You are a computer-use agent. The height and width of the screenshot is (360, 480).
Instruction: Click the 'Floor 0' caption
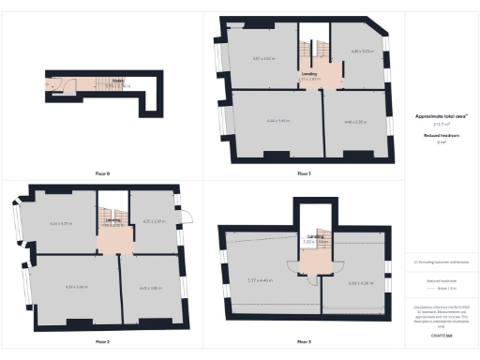tap(103, 173)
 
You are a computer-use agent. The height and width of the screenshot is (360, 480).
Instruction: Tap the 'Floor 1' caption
tap(304, 173)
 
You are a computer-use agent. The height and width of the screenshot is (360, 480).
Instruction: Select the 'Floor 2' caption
tap(103, 341)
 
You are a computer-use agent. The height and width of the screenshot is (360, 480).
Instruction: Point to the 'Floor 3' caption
tap(304, 341)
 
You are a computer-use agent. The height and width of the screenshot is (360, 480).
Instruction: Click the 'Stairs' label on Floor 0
tap(118, 81)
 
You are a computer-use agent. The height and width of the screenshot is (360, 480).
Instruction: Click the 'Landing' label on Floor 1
tap(307, 74)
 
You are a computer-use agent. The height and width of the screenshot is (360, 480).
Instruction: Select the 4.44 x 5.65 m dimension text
tap(276, 121)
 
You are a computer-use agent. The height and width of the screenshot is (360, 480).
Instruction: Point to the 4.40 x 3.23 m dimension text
tap(362, 51)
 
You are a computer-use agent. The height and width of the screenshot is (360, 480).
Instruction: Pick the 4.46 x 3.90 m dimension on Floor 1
tap(356, 121)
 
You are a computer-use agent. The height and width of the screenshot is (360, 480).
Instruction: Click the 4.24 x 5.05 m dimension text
tap(60, 223)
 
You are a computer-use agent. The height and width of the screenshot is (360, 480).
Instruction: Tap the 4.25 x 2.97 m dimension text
tap(153, 221)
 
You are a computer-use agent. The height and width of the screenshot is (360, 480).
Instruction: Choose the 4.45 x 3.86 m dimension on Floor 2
tap(150, 288)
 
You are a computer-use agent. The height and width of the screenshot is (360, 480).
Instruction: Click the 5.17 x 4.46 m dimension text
tap(260, 281)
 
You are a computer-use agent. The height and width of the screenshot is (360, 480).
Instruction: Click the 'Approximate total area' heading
tap(440, 116)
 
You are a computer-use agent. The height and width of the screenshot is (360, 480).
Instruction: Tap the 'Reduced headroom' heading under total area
tap(440, 135)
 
